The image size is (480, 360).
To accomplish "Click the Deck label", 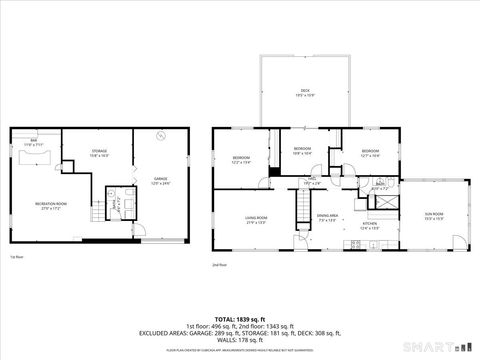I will [303, 93].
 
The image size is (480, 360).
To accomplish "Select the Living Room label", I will [256, 219].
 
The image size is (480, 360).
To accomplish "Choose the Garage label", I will [160, 181].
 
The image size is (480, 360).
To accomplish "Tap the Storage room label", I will [100, 153].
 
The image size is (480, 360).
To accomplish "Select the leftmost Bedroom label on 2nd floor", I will [241, 159].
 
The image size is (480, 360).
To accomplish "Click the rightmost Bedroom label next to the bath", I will [370, 154].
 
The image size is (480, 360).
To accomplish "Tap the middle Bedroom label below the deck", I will [302, 150].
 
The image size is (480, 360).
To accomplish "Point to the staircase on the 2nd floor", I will [300, 209].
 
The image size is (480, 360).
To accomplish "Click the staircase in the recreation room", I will [97, 213].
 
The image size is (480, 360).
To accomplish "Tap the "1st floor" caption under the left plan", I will [15, 257].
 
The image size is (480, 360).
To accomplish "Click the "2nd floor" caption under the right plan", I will [219, 265].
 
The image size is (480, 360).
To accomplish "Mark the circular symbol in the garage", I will [160, 137].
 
